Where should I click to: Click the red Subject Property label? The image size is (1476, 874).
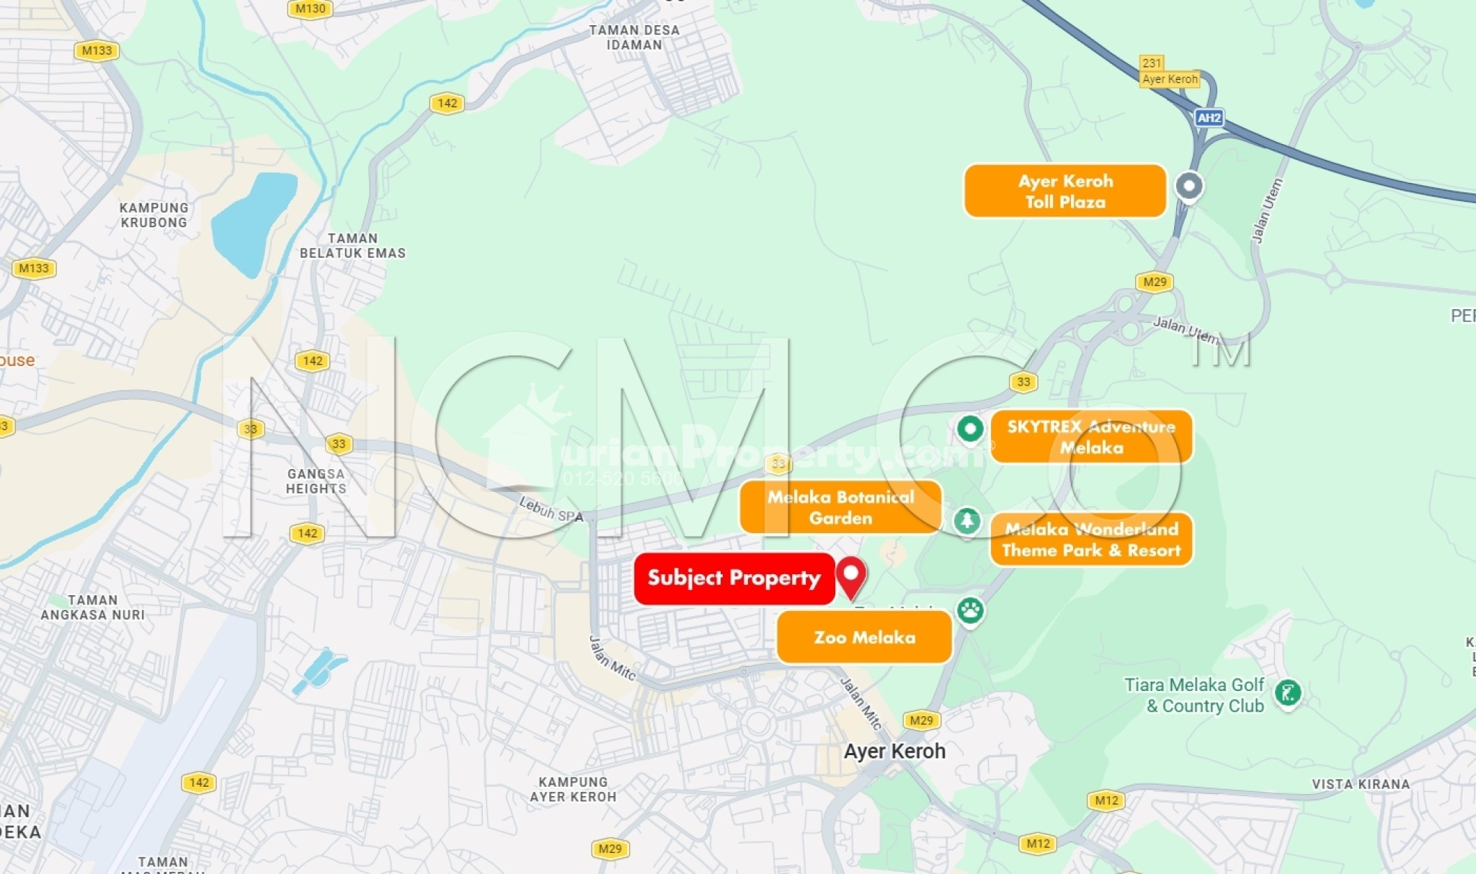coord(734,578)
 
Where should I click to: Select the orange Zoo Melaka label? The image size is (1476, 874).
coord(864,637)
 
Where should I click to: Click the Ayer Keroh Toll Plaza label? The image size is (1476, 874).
coord(1064,191)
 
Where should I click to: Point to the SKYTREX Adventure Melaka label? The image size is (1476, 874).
coord(1090,437)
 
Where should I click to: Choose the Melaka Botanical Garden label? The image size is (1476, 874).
coord(840,507)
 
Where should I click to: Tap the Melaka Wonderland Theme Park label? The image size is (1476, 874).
coord(1090,540)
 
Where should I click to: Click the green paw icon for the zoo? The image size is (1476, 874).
coord(970,611)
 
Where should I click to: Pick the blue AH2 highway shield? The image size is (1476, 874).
coord(1209,117)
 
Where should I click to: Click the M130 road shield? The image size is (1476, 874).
coord(311,9)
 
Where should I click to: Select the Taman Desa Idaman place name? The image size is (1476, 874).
coord(634,37)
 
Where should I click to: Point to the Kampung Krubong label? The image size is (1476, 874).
coord(154,215)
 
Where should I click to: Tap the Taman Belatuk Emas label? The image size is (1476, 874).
coord(352,246)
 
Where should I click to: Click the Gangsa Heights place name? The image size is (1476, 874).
coord(316,481)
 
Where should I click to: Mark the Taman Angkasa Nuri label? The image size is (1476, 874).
coord(93,607)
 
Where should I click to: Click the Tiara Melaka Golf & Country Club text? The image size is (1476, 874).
coord(1194,695)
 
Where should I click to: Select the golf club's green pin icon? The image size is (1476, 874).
coord(1288,693)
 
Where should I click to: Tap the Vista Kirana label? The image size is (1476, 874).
coord(1360,784)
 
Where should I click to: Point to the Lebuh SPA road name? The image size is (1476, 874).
coord(551,509)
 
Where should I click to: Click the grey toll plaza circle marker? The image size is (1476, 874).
coord(1189,186)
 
